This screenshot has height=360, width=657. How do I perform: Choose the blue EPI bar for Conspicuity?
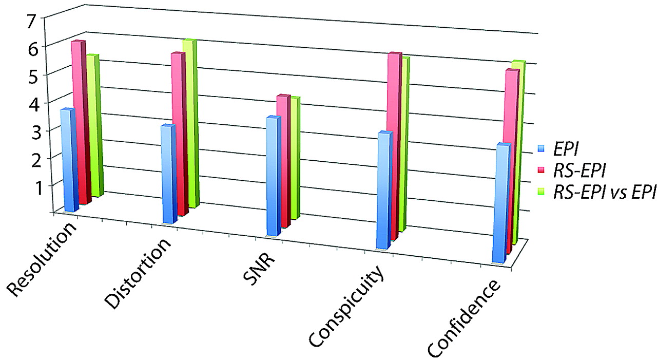point(384,190)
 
